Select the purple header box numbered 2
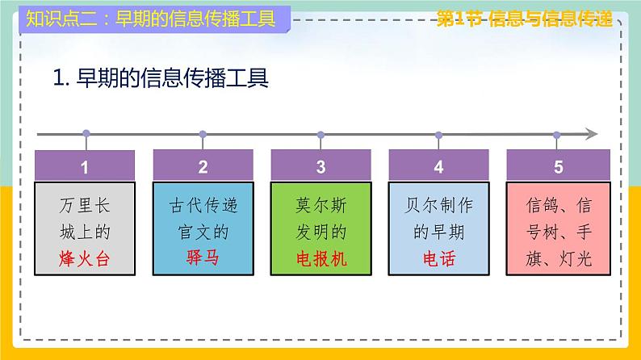point(203,167)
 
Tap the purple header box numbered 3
point(320,167)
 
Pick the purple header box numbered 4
point(438,167)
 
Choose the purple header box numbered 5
point(557,167)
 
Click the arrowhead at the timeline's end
point(593,134)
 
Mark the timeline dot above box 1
point(86,134)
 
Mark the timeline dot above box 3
point(321,134)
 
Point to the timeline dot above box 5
point(557,134)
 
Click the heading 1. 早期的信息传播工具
point(160,78)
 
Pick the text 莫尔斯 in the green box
point(320,205)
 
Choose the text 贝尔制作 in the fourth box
point(438,205)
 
